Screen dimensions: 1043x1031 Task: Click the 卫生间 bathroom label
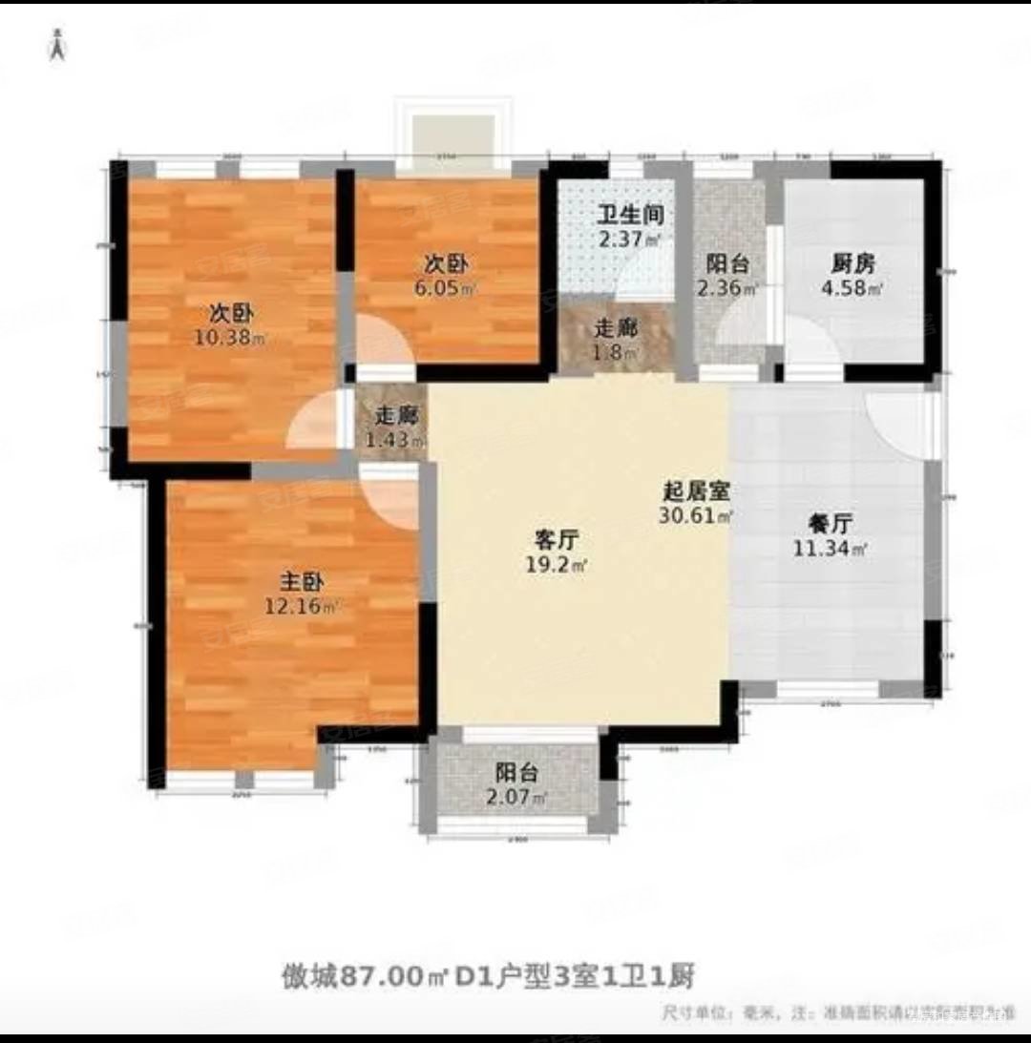(630, 216)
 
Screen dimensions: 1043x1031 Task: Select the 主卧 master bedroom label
(298, 580)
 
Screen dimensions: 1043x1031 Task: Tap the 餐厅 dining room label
(829, 523)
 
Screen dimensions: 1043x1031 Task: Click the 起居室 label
(696, 492)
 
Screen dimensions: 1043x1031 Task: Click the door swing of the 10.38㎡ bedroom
(313, 427)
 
